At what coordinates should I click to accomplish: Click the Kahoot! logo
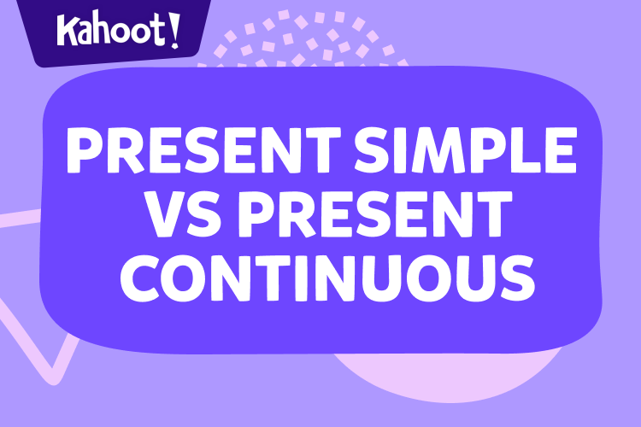[119, 32]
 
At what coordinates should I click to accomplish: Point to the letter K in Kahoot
[68, 32]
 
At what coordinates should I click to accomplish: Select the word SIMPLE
[467, 151]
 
